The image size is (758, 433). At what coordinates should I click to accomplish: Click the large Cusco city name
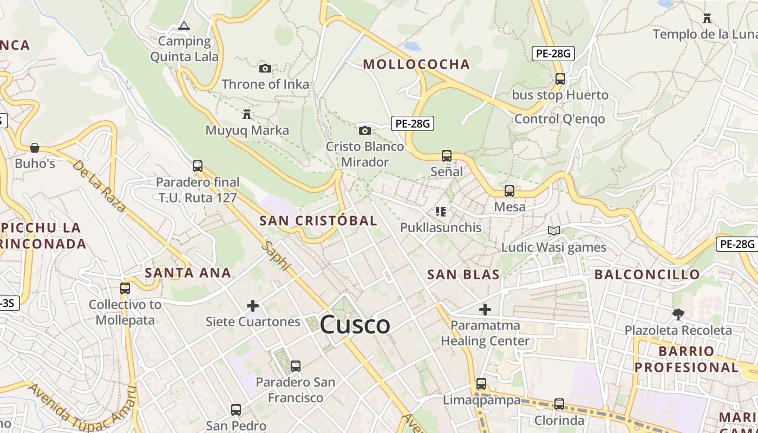point(355,325)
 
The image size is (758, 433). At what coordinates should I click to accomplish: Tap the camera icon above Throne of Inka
point(265,68)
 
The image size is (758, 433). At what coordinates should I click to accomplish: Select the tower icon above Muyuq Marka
point(247,114)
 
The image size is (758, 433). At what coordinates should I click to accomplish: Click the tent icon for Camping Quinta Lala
point(184,25)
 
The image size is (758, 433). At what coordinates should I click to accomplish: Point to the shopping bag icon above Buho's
point(35,147)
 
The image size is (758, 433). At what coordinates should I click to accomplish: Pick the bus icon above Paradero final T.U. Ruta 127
point(198,166)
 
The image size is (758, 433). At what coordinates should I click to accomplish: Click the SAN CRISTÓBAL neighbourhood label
point(318,221)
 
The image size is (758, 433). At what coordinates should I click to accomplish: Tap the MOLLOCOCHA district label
point(416,64)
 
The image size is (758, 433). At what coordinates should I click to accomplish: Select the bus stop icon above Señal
point(447,156)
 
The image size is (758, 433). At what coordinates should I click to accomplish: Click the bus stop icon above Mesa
point(509,191)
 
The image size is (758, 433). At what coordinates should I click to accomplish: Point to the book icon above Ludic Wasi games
point(553,231)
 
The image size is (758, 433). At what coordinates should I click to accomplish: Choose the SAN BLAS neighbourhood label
point(463,274)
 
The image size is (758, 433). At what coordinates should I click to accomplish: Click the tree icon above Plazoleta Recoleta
point(678,314)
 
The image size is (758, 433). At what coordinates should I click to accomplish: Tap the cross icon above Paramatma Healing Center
point(485,310)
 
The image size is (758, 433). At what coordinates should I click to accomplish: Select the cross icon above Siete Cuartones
point(253,306)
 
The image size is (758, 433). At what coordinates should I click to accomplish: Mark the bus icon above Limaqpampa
point(481,384)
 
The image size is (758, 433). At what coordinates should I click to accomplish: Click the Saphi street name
point(276,255)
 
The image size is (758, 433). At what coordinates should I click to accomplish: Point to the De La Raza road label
point(99,186)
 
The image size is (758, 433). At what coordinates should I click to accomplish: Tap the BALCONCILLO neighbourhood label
point(647,274)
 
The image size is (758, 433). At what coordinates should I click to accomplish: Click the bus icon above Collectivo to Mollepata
point(125,288)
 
